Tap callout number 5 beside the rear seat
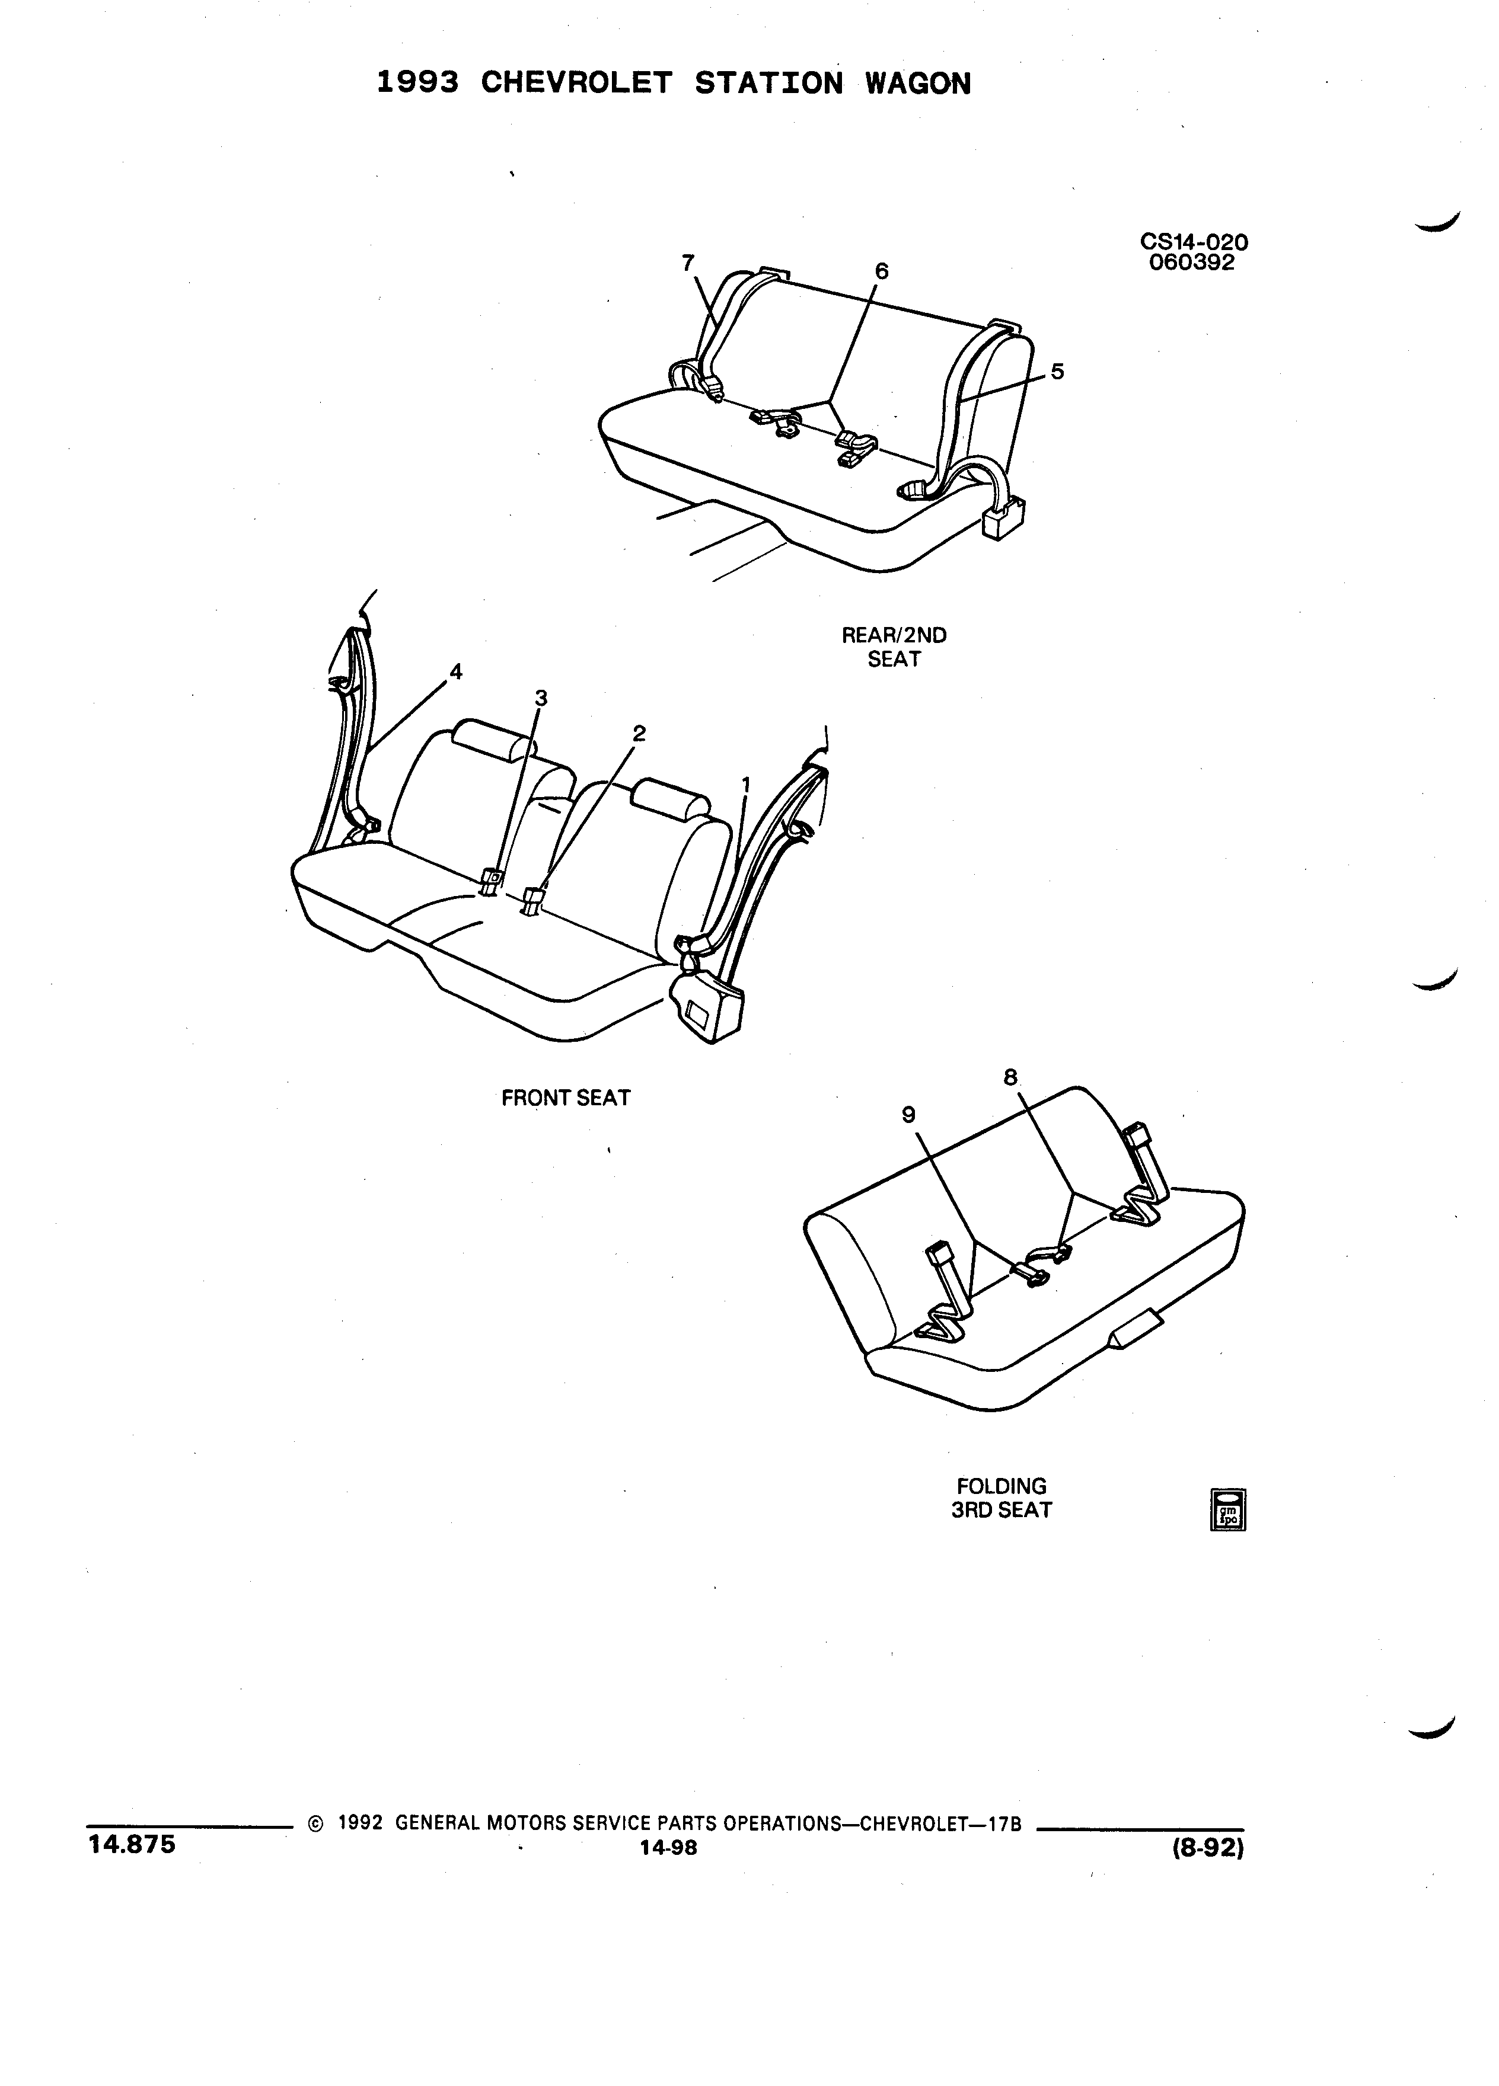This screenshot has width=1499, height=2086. (1057, 372)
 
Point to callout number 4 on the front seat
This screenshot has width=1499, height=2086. (455, 671)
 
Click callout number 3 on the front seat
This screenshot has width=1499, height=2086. (541, 698)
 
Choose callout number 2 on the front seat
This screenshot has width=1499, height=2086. (639, 733)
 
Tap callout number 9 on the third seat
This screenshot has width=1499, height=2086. (908, 1115)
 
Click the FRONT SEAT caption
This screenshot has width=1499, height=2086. (566, 1098)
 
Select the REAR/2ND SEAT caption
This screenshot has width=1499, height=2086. (894, 647)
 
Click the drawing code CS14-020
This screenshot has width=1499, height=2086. (1194, 242)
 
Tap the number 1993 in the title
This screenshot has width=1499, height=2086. (418, 84)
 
